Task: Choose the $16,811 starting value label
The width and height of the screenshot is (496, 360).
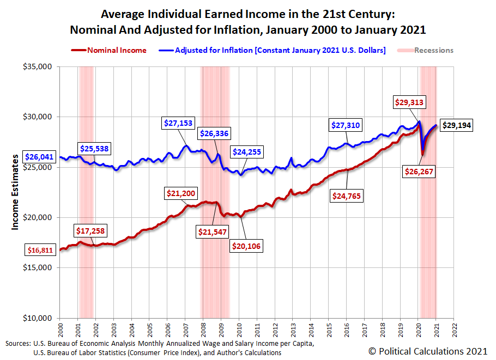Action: (40, 251)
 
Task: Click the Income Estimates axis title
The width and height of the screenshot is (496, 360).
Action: (15, 192)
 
